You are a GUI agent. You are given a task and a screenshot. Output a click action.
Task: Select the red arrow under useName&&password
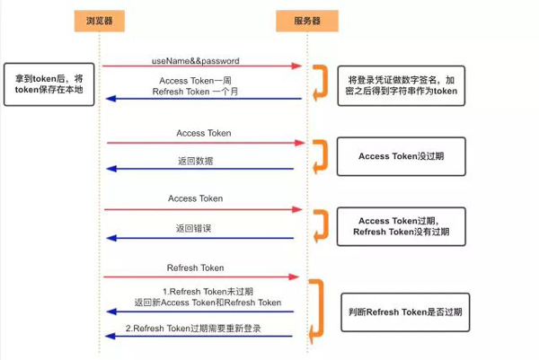click(201, 66)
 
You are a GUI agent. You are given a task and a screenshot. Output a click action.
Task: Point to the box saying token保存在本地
click(49, 85)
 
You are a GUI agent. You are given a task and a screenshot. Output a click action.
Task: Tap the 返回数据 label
click(195, 162)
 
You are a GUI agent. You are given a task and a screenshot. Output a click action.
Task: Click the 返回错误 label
click(193, 228)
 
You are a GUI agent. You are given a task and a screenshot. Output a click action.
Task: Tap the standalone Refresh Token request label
click(195, 268)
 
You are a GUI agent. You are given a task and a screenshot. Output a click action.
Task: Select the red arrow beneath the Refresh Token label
click(199, 277)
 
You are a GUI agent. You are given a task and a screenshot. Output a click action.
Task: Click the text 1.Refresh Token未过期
click(208, 291)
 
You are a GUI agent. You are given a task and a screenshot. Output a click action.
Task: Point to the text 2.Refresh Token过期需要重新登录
click(193, 328)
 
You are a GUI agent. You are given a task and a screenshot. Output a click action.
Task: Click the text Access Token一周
click(195, 79)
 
